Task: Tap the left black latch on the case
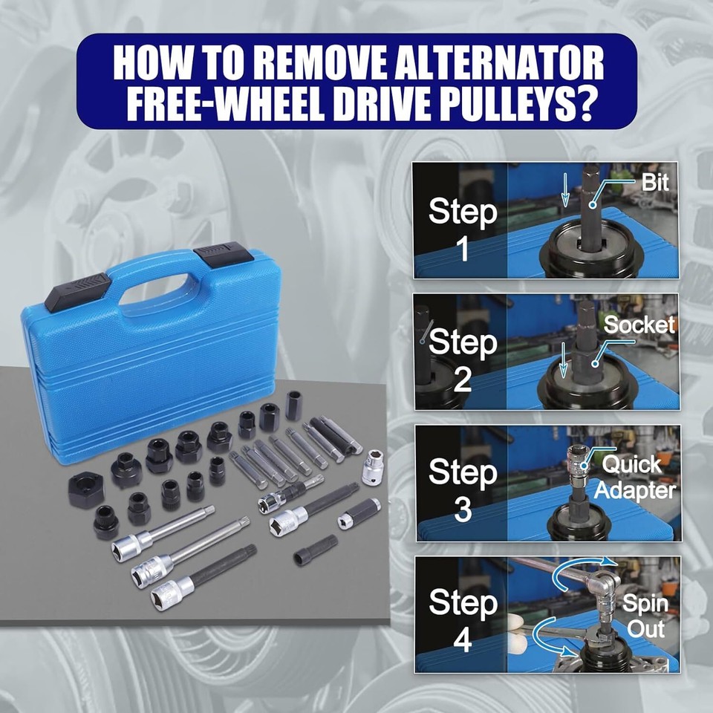78,290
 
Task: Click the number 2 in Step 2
463,380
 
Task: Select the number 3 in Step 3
463,510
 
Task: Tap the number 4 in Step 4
463,640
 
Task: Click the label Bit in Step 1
655,183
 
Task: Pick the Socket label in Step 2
639,325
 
